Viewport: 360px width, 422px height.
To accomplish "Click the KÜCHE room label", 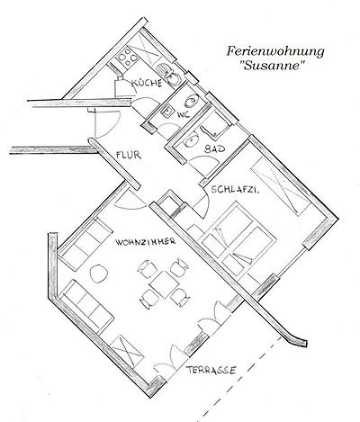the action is coord(147,82).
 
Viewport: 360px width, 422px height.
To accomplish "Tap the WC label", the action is coord(184,114).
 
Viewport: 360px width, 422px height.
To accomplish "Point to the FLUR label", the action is coord(129,155).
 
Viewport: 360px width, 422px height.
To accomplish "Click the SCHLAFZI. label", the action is coord(235,190).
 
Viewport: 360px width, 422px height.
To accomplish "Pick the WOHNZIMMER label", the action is coord(146,242).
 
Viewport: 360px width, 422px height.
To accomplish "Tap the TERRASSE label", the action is coord(211,370).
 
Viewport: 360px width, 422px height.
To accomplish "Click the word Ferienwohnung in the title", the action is coord(275,51).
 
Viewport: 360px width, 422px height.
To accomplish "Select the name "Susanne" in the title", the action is coord(273,66).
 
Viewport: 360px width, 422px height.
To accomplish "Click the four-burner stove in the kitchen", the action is coord(128,58).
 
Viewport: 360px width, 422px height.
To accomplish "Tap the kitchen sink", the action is coord(168,75).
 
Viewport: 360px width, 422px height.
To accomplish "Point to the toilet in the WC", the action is coord(192,101).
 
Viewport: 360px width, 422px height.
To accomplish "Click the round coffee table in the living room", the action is coord(99,274).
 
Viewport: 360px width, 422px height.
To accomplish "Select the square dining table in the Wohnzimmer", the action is coord(165,284).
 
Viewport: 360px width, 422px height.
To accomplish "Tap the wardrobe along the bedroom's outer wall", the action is coord(282,186).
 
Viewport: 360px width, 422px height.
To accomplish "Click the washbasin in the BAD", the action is coord(191,140).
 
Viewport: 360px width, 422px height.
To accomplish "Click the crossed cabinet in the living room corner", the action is coord(127,350).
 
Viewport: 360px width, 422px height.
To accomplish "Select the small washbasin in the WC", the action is coord(167,112).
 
